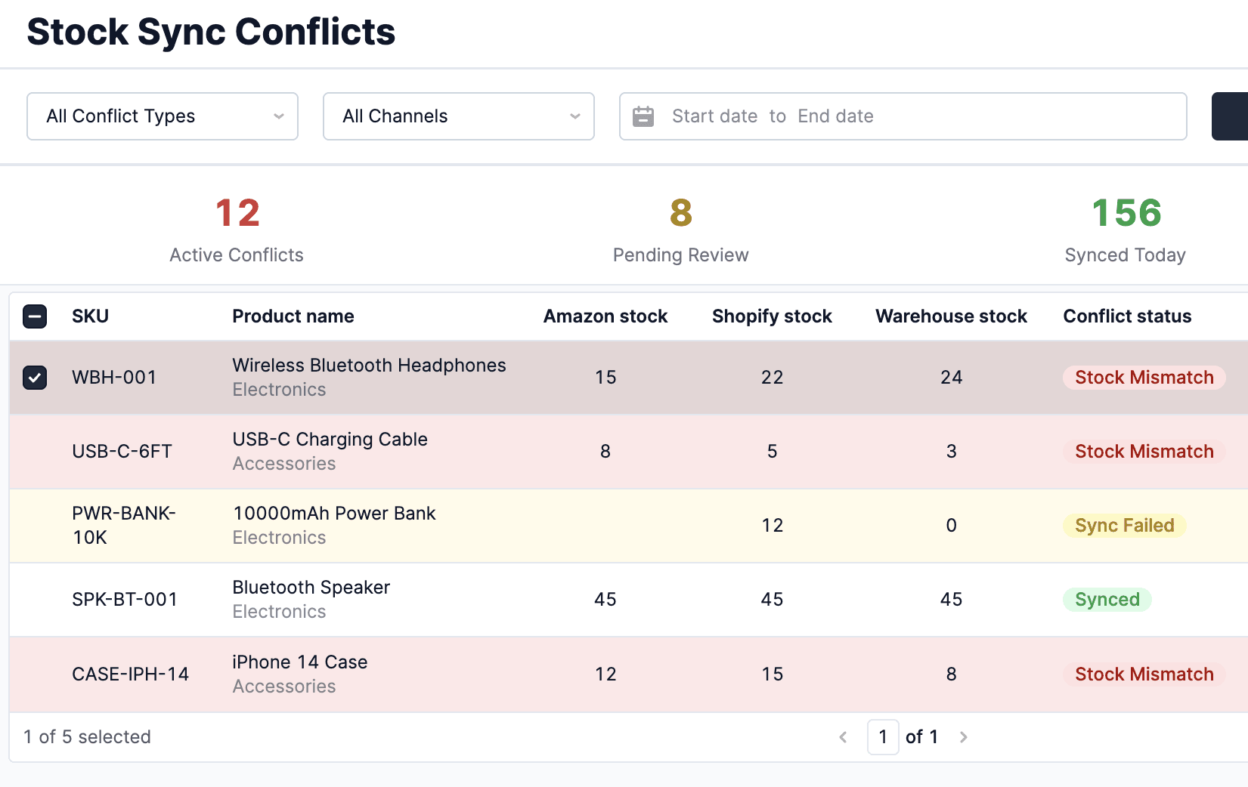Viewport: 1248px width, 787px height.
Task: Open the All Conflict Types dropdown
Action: tap(162, 116)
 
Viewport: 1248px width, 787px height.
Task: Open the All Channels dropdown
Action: tap(458, 116)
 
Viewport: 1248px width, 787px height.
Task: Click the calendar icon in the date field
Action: tap(643, 116)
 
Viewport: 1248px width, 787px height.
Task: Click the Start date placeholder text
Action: tap(714, 116)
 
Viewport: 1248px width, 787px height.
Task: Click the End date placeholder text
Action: tap(835, 116)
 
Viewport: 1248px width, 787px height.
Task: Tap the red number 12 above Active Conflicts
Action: tap(237, 213)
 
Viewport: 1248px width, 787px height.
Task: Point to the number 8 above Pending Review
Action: tap(680, 213)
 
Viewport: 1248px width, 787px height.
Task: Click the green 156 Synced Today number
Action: tap(1126, 213)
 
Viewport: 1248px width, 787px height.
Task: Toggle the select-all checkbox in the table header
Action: tap(35, 316)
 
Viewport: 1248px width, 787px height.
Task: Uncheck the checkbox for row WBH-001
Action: tap(35, 377)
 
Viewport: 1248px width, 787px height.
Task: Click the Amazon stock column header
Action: tap(605, 316)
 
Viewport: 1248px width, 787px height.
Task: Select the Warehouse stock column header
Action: tap(951, 316)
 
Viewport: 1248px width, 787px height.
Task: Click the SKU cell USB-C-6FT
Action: tap(122, 452)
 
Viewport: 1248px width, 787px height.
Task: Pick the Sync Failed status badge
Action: tap(1124, 526)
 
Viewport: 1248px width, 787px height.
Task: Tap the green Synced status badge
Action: tap(1107, 600)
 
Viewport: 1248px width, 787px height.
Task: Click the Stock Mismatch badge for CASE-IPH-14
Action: tap(1144, 674)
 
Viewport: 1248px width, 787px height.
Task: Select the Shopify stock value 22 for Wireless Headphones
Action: tap(772, 378)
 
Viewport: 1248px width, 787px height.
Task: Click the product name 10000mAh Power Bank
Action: tap(334, 514)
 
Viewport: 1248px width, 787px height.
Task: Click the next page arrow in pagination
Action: tap(963, 737)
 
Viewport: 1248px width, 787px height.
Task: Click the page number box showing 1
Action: tap(882, 737)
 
